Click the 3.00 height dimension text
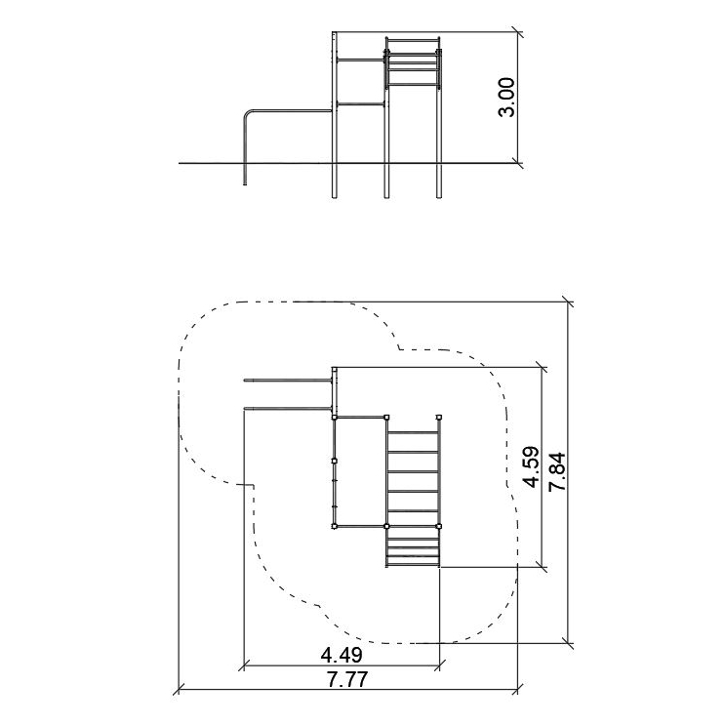coord(506,98)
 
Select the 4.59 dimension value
coord(531,466)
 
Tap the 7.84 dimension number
coord(557,471)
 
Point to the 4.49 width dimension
coord(342,655)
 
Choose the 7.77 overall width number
coord(347,679)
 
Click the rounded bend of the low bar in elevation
coord(247,114)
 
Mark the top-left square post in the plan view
coord(334,418)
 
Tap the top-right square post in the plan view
coord(439,418)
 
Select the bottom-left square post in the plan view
coord(334,526)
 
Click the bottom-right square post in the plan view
coord(439,526)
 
